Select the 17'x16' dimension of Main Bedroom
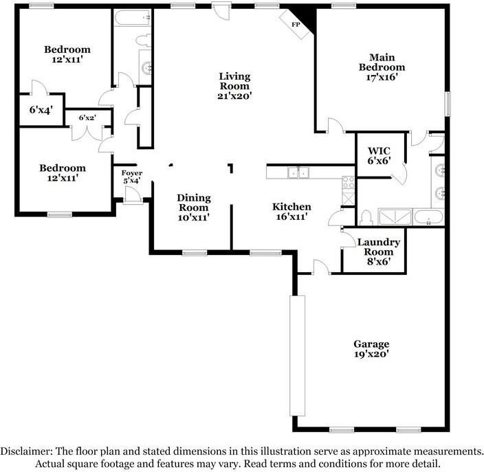pyautogui.click(x=386, y=78)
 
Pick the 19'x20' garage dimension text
pyautogui.click(x=371, y=355)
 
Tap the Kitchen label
pyautogui.click(x=291, y=207)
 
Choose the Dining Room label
pyautogui.click(x=194, y=203)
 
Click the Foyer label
pyautogui.click(x=131, y=173)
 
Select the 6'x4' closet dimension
pyautogui.click(x=41, y=109)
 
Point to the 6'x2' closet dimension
pyautogui.click(x=87, y=118)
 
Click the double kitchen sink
pyautogui.click(x=298, y=173)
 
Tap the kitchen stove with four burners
pyautogui.click(x=349, y=183)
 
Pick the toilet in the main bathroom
pyautogui.click(x=366, y=218)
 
